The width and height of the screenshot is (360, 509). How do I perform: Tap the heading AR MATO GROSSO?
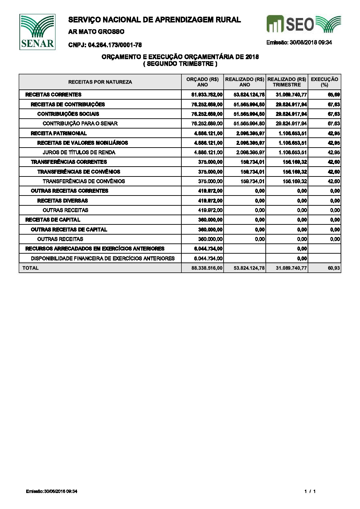coord(96,32)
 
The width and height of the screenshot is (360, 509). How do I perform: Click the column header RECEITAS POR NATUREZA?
coord(100,82)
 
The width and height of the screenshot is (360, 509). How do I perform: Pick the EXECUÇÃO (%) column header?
coord(324,82)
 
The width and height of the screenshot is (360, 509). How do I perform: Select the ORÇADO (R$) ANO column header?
coord(202,82)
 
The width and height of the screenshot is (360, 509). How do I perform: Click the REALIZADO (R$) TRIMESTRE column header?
coord(287,82)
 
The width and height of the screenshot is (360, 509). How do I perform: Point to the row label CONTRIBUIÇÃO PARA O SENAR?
coord(80,123)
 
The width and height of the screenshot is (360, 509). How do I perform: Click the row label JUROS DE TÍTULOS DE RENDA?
coord(79,152)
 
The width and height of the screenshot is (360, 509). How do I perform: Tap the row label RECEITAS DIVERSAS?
coord(62,201)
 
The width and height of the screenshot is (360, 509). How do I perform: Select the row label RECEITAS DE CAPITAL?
coord(53,220)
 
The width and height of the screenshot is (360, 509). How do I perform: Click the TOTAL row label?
coord(31,268)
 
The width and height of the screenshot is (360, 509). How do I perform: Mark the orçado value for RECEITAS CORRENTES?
coord(207,95)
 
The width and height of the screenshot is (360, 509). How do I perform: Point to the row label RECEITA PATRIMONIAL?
coord(59,133)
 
